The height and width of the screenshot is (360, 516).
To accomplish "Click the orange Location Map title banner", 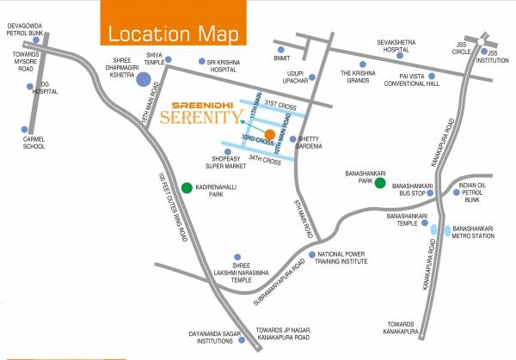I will [173, 34].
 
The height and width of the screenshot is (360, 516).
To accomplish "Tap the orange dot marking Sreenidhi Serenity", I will [270, 134].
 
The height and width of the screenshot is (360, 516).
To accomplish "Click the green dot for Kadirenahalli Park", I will [187, 187].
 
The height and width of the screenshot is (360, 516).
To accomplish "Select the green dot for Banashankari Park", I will [379, 183].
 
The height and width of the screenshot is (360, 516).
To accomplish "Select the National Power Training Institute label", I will [348, 259].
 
